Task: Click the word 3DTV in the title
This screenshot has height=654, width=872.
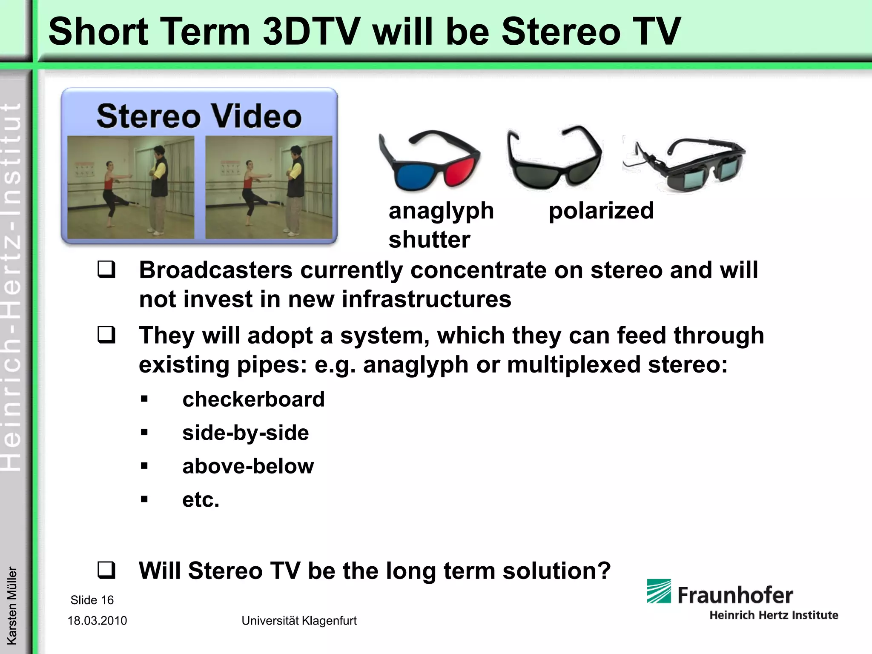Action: pyautogui.click(x=311, y=32)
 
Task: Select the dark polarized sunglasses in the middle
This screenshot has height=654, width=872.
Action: pyautogui.click(x=554, y=160)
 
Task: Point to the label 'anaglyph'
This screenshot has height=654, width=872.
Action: pyautogui.click(x=441, y=211)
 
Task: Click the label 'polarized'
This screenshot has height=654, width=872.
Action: pyautogui.click(x=601, y=211)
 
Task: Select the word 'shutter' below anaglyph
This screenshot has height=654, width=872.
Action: pyautogui.click(x=429, y=240)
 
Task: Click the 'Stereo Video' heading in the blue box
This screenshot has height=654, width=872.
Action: pyautogui.click(x=199, y=116)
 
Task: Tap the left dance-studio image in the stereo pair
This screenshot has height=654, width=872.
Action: pyautogui.click(x=131, y=187)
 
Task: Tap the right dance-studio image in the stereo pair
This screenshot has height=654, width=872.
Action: pyautogui.click(x=269, y=187)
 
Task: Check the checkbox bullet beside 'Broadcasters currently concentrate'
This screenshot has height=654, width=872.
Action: pyautogui.click(x=106, y=270)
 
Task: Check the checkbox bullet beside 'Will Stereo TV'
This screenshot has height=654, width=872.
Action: pyautogui.click(x=106, y=571)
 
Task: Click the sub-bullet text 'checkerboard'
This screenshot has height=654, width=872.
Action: pyautogui.click(x=253, y=399)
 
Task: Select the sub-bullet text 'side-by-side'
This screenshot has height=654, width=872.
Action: pyautogui.click(x=245, y=433)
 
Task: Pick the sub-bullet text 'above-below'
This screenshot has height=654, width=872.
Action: pyautogui.click(x=248, y=466)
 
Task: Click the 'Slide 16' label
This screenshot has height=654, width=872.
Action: pyautogui.click(x=92, y=600)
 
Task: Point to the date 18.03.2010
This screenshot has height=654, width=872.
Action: pyautogui.click(x=97, y=621)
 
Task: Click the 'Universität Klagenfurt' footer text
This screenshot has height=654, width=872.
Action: pyautogui.click(x=299, y=621)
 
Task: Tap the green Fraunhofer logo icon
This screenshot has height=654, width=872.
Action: pyautogui.click(x=659, y=591)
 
